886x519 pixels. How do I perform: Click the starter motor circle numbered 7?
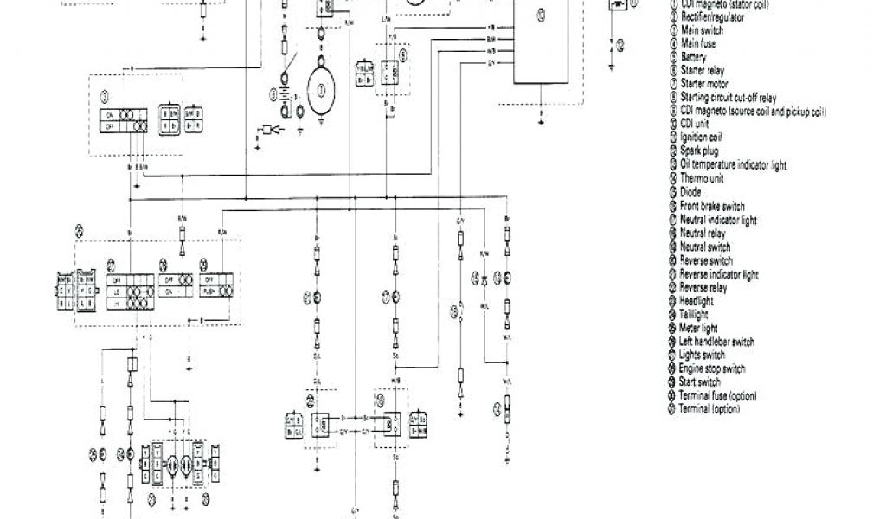[x=322, y=89]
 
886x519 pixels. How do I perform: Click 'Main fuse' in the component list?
[x=698, y=43]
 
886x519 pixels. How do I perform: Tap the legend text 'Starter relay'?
[x=703, y=71]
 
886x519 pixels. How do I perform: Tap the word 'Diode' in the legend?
[x=690, y=192]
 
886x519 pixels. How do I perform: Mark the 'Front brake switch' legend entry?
[x=712, y=206]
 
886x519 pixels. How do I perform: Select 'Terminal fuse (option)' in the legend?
[x=718, y=395]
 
